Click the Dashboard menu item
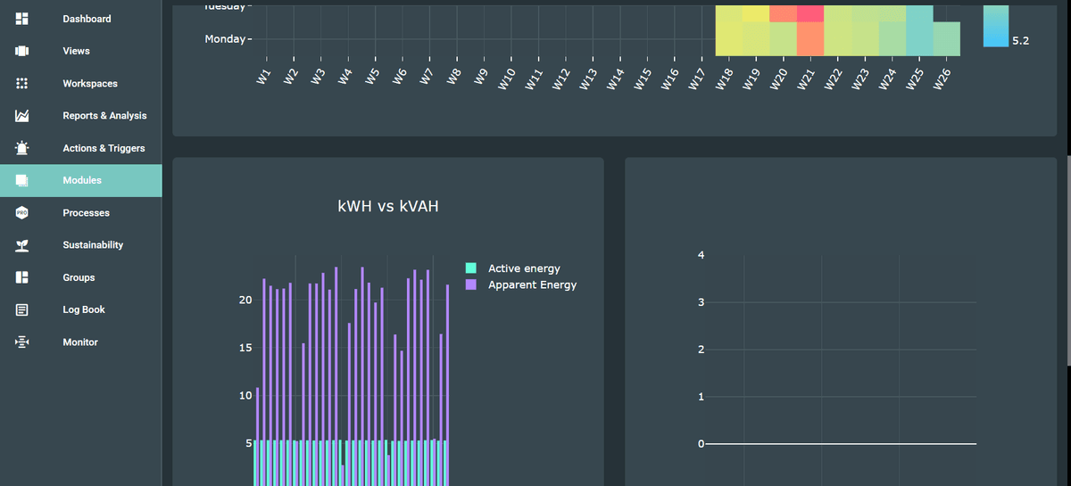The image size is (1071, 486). (87, 19)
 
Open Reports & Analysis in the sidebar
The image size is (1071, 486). (104, 116)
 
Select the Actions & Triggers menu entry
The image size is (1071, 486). (104, 148)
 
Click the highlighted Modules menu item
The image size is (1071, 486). (82, 180)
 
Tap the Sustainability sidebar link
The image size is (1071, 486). (93, 245)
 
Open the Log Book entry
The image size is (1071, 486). (84, 309)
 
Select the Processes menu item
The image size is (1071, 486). (86, 213)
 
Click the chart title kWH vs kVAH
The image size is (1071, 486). (388, 206)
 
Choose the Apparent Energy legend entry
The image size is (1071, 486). (532, 284)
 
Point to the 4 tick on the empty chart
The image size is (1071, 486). (701, 256)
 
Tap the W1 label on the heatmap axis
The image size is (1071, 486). (263, 78)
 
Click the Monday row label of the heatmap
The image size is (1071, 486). (224, 39)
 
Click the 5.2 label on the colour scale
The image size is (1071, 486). (1020, 41)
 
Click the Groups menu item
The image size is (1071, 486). (79, 277)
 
